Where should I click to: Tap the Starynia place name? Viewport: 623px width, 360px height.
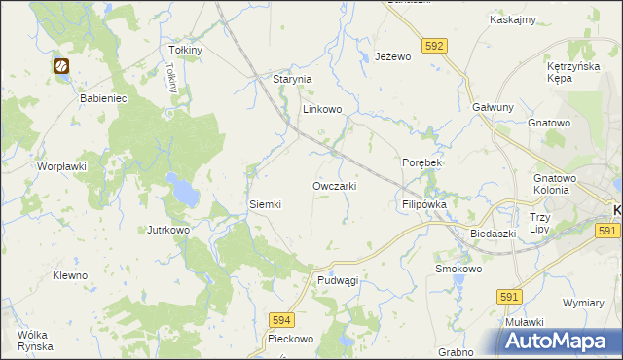(291, 79)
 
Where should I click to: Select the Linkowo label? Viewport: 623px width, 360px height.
(322, 110)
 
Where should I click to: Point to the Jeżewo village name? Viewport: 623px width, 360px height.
(394, 57)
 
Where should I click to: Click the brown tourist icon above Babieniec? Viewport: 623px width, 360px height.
(61, 66)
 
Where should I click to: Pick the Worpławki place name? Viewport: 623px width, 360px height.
(62, 166)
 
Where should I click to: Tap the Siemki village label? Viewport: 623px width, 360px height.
(265, 204)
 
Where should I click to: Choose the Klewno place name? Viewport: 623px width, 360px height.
(70, 275)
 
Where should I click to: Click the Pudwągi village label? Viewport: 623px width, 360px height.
(338, 280)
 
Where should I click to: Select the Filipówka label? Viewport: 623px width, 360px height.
(423, 205)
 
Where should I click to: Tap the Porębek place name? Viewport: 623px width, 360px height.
(421, 162)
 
